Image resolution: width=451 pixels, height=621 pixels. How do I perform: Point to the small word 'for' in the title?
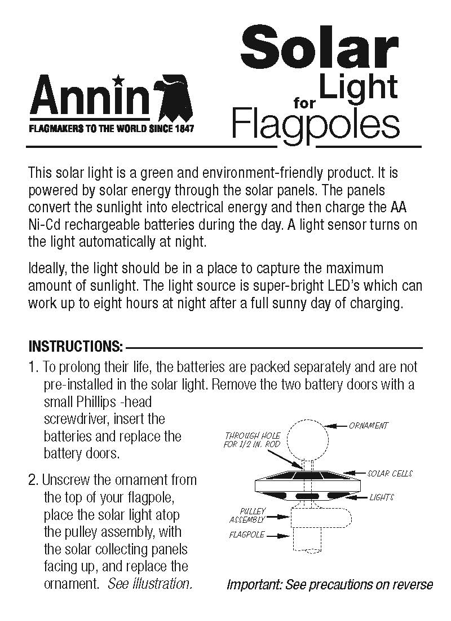click(305, 103)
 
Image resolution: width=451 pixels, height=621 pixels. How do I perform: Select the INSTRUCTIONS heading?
click(76, 346)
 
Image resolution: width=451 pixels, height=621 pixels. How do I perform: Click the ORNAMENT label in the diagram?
click(369, 426)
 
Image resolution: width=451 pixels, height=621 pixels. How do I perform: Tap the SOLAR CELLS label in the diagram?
click(390, 473)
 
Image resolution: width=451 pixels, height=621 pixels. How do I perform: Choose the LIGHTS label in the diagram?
click(382, 497)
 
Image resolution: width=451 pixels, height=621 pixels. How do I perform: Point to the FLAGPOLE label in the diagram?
click(247, 535)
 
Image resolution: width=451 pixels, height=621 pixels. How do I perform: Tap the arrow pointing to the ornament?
click(338, 426)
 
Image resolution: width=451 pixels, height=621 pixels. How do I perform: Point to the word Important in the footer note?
click(254, 585)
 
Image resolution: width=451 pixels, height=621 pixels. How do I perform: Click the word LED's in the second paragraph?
click(346, 285)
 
